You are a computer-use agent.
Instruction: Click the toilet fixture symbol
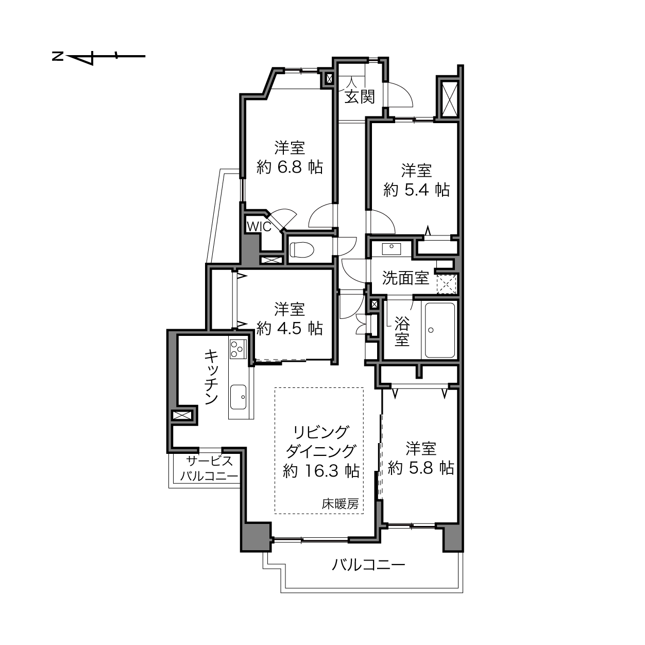click(301, 250)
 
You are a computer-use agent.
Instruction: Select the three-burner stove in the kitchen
click(238, 349)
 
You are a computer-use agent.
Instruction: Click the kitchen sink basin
click(239, 397)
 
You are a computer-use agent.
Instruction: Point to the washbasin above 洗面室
click(392, 249)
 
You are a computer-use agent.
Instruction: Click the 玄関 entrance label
click(360, 97)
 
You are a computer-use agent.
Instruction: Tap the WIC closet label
click(259, 227)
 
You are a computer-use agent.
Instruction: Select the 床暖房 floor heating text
click(340, 503)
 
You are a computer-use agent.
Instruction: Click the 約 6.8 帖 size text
click(290, 167)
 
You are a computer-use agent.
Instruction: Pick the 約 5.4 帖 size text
click(416, 190)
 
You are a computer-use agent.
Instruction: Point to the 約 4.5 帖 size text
click(290, 328)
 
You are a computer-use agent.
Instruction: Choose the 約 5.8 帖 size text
click(421, 468)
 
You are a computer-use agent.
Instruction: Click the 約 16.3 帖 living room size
click(321, 471)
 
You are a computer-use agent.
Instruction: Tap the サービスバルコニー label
click(209, 468)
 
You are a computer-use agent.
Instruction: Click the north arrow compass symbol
click(99, 56)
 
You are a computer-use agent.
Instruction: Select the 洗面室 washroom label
click(405, 278)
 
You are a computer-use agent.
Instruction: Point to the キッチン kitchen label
click(212, 376)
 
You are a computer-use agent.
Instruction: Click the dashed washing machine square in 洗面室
click(446, 284)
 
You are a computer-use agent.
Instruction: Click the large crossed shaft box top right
click(449, 98)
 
